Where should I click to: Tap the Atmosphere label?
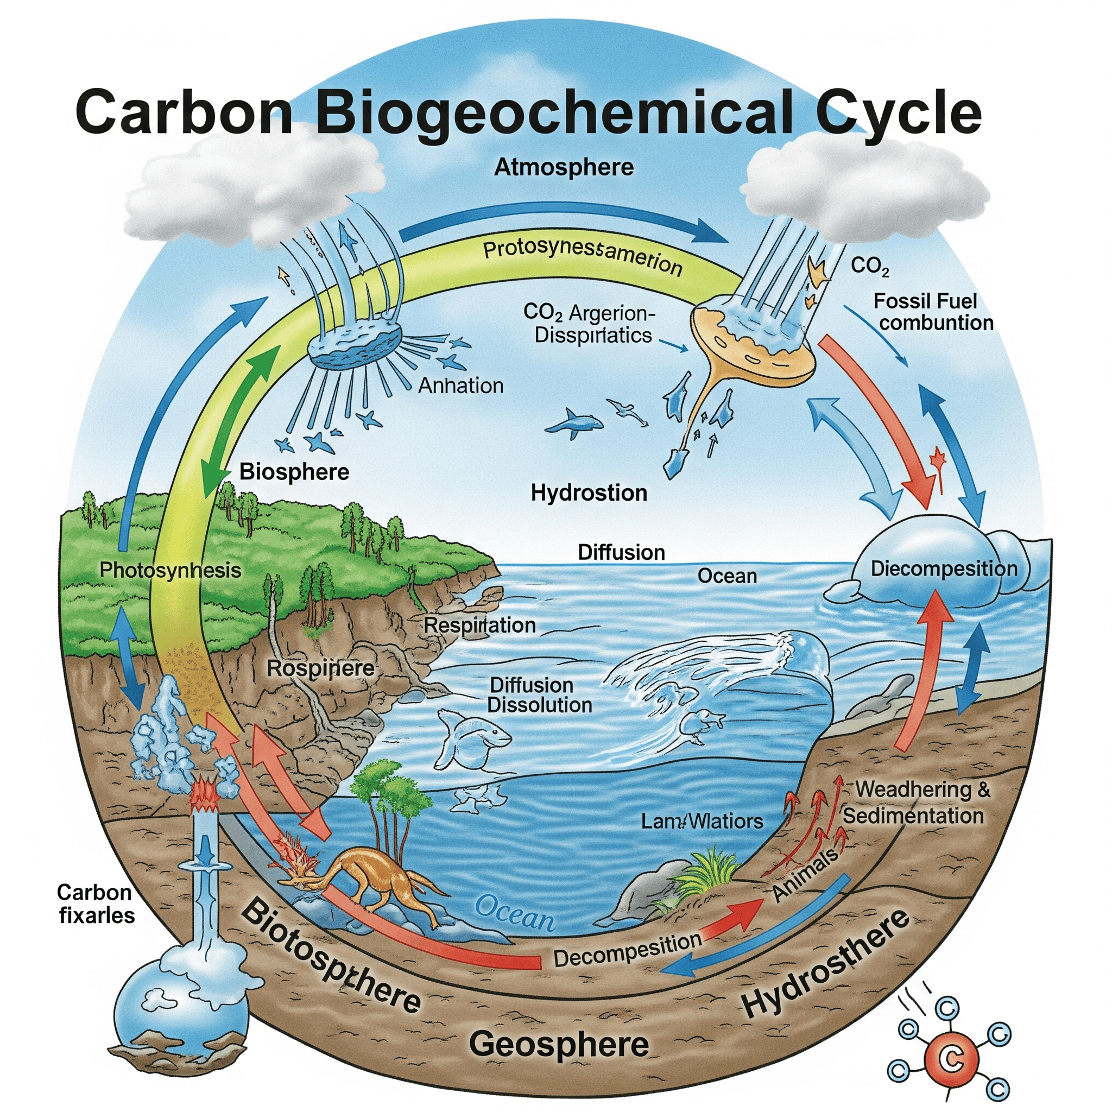[564, 167]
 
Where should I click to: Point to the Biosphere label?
[294, 472]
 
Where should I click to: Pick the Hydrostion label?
[588, 492]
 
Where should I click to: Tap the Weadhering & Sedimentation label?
[918, 803]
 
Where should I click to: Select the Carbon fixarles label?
[96, 903]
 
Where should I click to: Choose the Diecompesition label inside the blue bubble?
[944, 569]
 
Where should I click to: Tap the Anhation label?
[460, 386]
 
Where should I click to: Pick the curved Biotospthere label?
[328, 958]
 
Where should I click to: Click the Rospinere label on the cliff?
[320, 669]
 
